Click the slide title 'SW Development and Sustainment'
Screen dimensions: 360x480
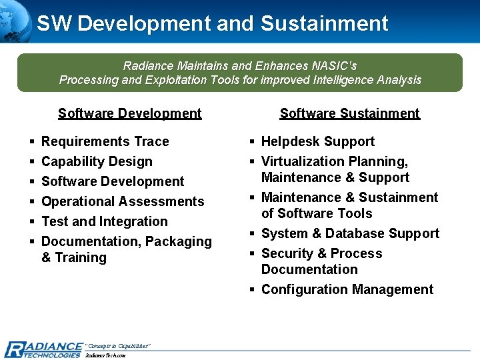coord(212,23)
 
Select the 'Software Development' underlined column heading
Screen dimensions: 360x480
coord(129,113)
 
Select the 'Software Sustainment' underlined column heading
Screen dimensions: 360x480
coord(349,113)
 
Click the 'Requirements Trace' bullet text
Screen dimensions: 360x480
coord(105,141)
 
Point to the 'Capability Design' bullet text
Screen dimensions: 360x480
coord(97,161)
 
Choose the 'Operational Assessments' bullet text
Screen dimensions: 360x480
coord(123,201)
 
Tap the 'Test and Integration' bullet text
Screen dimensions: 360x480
coord(104,221)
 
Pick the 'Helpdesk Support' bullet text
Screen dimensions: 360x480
coord(317,141)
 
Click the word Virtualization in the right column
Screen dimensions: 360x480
coord(300,161)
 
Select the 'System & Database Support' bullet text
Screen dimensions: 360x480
coord(350,233)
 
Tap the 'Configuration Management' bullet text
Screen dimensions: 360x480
coord(347,289)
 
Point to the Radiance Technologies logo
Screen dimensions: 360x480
coord(43,349)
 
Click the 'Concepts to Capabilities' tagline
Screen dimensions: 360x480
coord(118,345)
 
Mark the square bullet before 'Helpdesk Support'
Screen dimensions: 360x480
coord(253,142)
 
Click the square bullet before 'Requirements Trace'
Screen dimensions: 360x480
coord(32,142)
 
